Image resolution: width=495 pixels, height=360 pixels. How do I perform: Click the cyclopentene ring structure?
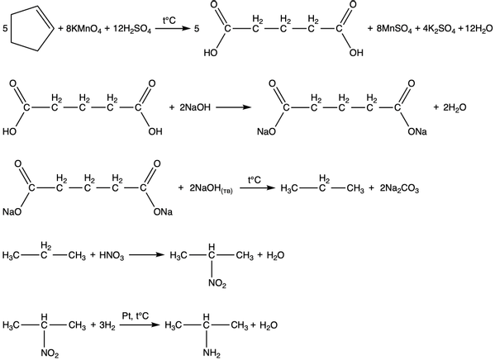point(12,28)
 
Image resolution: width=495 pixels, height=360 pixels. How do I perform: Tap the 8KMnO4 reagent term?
point(83,30)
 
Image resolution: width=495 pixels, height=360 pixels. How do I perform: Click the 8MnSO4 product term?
point(394,30)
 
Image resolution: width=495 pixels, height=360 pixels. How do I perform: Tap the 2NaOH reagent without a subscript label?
point(195,107)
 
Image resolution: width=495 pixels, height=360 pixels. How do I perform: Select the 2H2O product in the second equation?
point(455,108)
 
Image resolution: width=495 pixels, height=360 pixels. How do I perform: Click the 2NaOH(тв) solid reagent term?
point(211,189)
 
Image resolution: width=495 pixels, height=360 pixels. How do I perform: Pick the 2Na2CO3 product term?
point(399,189)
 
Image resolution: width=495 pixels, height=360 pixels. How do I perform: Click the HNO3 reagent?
point(112,255)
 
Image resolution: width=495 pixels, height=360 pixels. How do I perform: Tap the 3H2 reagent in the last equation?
point(107,325)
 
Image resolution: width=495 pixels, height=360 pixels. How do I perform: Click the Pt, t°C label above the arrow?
point(136,315)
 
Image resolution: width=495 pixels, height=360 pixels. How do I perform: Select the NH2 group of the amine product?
point(212,353)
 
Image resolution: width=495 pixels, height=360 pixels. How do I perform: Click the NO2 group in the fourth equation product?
point(217,284)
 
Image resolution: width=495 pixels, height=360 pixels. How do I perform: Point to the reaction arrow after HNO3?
point(147,254)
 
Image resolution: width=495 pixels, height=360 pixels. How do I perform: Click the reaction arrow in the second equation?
point(234,107)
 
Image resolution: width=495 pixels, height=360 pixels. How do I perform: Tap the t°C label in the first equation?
point(169,21)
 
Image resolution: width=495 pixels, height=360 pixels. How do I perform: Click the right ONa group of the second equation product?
point(417,131)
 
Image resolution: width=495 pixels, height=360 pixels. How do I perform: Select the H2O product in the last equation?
point(269,325)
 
